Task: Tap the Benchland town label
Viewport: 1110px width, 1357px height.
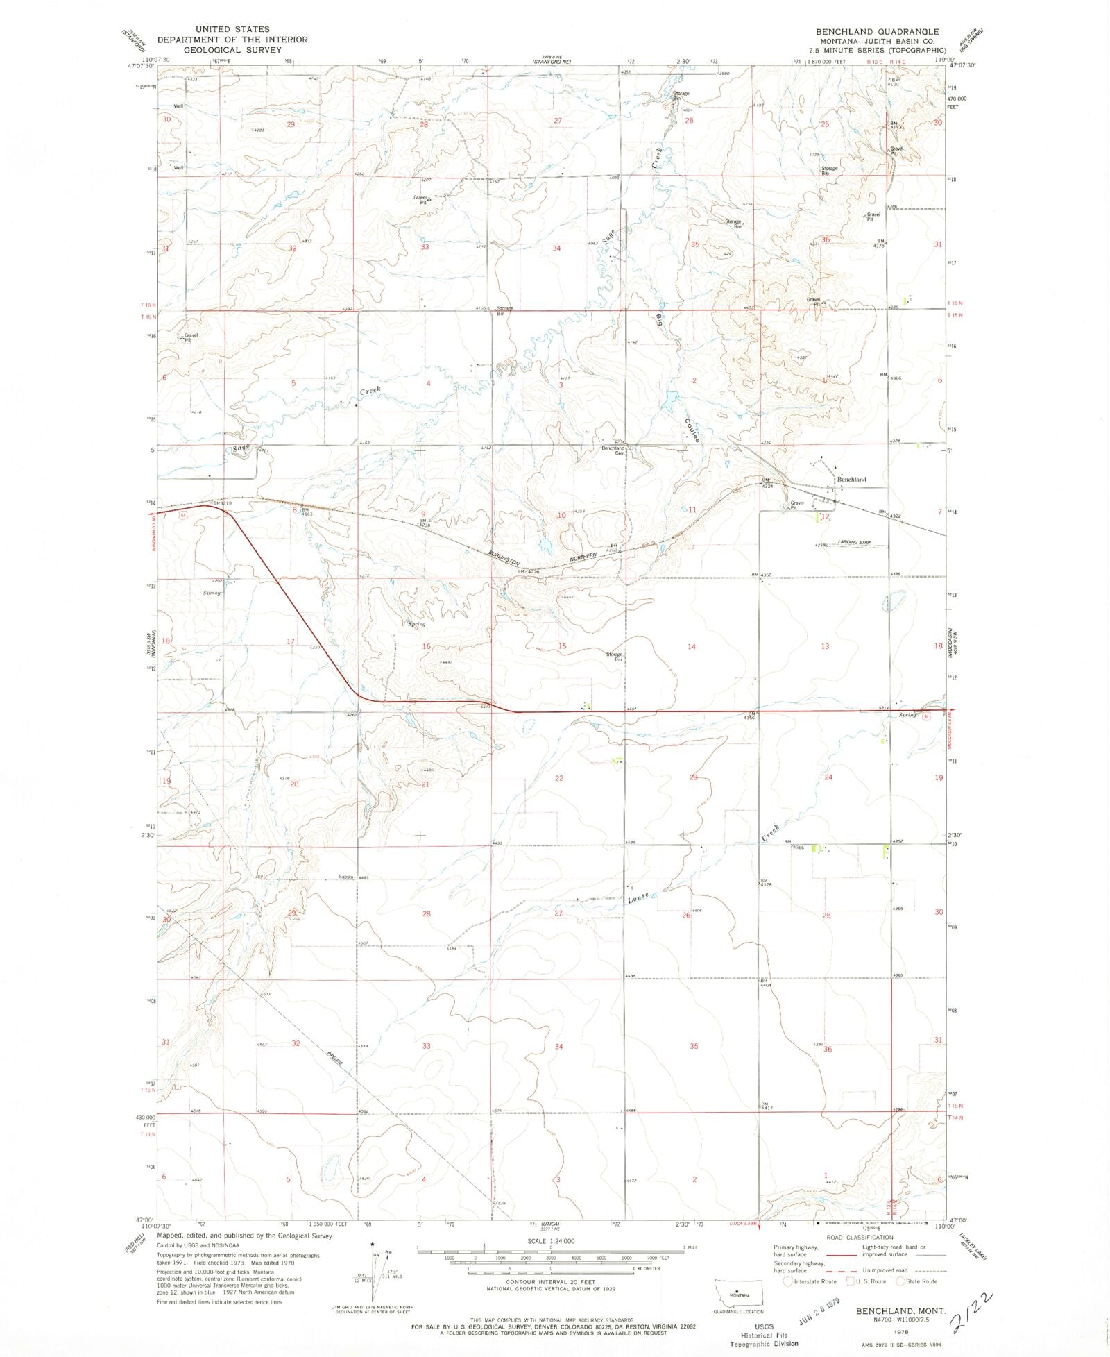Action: tap(851, 480)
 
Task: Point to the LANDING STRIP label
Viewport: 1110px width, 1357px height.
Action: tap(854, 542)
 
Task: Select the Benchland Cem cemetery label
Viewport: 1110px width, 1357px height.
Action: tap(613, 450)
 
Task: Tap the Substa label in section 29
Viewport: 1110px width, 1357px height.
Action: tap(345, 877)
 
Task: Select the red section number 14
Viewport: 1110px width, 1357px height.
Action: tap(691, 646)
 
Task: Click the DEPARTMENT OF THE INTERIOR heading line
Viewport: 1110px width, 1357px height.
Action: tap(232, 40)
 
